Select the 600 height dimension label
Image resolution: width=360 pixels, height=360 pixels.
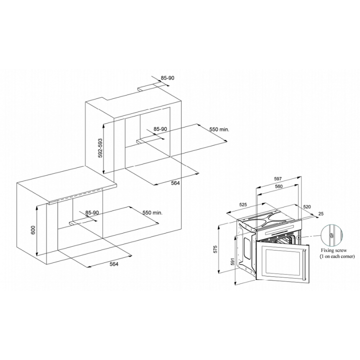tap(33, 230)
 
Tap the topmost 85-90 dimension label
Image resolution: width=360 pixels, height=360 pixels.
tap(167, 78)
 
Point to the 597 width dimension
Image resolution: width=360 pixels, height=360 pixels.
tap(278, 178)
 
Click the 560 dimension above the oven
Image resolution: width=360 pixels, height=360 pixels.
tap(278, 186)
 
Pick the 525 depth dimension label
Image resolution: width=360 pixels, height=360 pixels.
tap(243, 204)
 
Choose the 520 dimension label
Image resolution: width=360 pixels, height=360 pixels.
tap(307, 206)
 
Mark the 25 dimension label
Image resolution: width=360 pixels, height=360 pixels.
tap(321, 214)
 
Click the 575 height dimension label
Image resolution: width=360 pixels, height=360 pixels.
tap(215, 249)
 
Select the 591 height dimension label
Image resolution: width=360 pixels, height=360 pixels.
tap(232, 261)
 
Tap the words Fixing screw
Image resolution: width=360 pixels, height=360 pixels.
tap(334, 250)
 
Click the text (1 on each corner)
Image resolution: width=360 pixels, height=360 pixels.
tap(337, 256)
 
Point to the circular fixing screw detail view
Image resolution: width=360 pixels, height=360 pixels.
tap(331, 235)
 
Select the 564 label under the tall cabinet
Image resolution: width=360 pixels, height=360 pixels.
tap(175, 183)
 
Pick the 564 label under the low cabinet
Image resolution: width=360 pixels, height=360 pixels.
tap(114, 264)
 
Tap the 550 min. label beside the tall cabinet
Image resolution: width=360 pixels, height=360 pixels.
tap(219, 129)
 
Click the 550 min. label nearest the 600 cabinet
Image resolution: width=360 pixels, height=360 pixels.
tap(152, 212)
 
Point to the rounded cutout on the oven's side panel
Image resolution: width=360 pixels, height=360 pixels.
tap(247, 248)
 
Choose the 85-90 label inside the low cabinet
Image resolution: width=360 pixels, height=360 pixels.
tap(92, 213)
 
